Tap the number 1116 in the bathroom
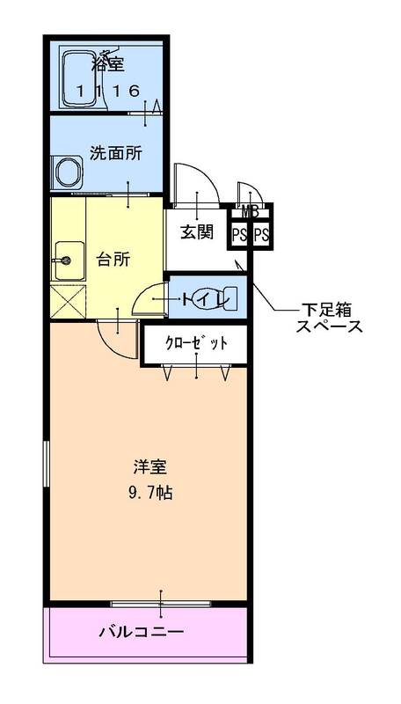click(107, 90)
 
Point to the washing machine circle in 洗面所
click(67, 170)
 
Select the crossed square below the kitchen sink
click(66, 302)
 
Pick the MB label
click(250, 211)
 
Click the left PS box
click(239, 234)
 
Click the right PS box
click(261, 234)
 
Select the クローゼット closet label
click(197, 343)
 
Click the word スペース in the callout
click(329, 327)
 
